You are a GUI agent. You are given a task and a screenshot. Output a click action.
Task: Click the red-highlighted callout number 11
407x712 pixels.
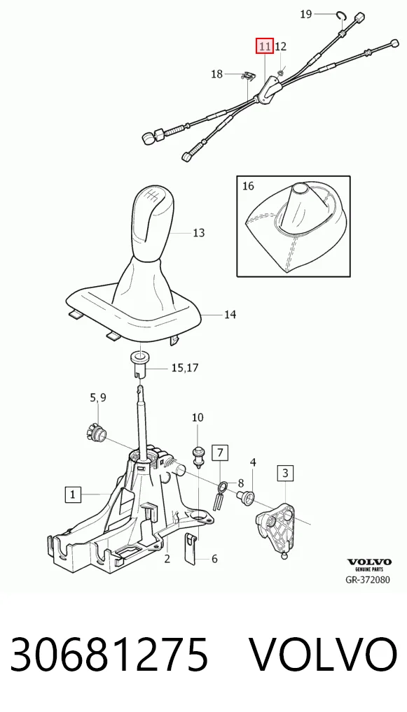click(x=265, y=46)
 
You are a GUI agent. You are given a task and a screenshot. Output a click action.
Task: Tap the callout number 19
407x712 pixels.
click(x=306, y=14)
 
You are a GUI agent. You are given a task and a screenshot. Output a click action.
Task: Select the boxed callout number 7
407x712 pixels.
click(x=220, y=453)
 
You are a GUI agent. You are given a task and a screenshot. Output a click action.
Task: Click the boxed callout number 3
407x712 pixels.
click(x=285, y=474)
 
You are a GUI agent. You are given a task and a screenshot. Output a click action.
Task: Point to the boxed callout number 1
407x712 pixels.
click(x=74, y=494)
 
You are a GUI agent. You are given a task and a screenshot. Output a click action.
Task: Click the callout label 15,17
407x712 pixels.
click(x=185, y=367)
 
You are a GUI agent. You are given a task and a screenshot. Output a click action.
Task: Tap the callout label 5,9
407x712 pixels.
click(x=98, y=398)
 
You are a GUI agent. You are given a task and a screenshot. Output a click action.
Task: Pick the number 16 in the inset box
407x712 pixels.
click(x=248, y=186)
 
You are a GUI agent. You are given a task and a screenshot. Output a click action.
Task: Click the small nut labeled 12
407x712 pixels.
click(x=281, y=71)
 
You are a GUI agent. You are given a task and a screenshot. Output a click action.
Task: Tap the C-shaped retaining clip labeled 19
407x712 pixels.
click(x=342, y=15)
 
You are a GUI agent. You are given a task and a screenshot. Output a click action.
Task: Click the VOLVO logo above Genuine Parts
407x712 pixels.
click(x=369, y=562)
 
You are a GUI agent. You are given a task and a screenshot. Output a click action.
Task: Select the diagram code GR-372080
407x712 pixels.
click(x=368, y=579)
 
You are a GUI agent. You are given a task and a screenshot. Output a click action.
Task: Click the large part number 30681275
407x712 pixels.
click(x=109, y=655)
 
